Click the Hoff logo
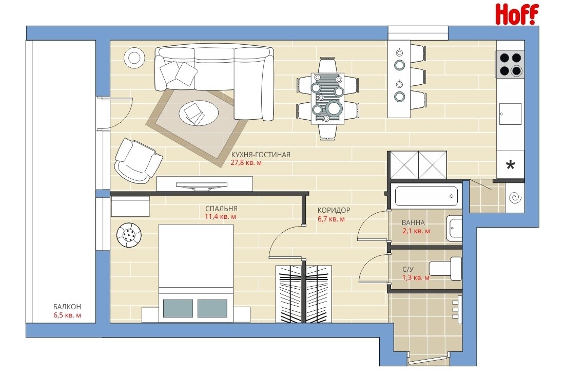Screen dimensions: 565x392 click(x=517, y=14)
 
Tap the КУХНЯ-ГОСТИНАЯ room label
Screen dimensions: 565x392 click(x=261, y=155)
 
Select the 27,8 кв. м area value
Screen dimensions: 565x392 click(x=246, y=163)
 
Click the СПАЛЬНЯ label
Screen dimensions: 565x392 click(x=221, y=209)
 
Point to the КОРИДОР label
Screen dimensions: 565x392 click(x=334, y=210)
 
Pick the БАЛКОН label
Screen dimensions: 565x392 click(x=67, y=307)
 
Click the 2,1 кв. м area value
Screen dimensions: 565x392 click(x=416, y=231)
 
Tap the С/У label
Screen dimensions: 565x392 click(x=408, y=269)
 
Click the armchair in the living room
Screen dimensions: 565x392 click(x=138, y=160)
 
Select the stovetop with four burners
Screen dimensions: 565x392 click(x=510, y=64)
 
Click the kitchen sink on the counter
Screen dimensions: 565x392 click(x=510, y=114)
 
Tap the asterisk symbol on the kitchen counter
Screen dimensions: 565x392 click(x=510, y=165)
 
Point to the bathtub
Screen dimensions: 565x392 click(x=426, y=196)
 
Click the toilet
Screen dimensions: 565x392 click(x=445, y=268)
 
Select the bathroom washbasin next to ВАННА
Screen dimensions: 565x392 click(x=454, y=228)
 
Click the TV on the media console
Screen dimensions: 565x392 click(x=202, y=185)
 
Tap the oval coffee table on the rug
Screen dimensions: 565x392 click(x=199, y=113)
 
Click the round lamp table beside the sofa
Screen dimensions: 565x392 click(x=134, y=58)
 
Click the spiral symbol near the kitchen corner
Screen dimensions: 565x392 click(x=514, y=198)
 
